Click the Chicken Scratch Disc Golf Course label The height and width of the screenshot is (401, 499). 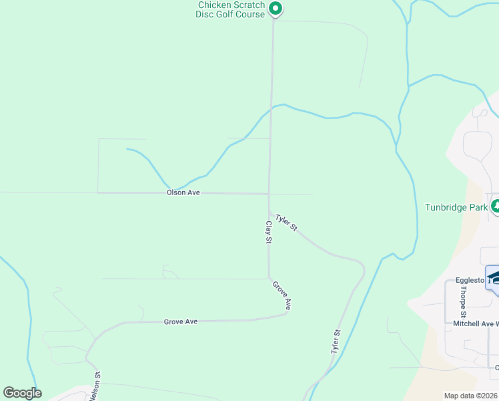pos(230,9)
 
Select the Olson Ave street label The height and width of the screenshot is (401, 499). pos(183,192)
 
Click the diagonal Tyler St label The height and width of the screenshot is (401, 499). pos(286,223)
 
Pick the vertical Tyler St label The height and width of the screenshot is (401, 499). pos(336,342)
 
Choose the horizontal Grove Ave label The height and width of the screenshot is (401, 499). pos(181,321)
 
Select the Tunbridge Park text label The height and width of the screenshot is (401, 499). pos(457,207)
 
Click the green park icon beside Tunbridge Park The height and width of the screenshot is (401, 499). pos(495,207)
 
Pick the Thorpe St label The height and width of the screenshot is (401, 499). pos(462,304)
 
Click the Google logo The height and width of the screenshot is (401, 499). pos(23,393)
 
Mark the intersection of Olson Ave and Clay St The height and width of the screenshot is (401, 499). pos(269,194)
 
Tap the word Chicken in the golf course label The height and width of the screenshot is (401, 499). pos(213,5)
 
